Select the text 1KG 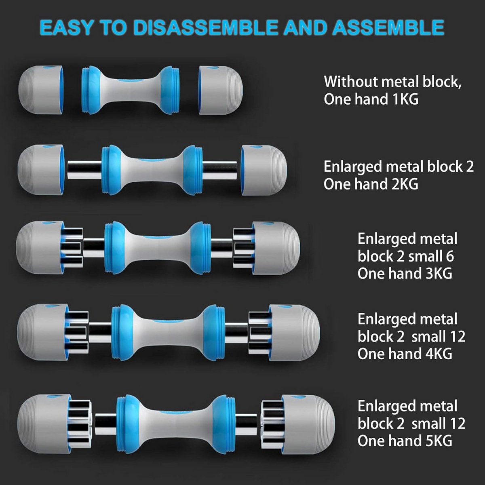point(405,99)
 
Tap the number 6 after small point(450,256)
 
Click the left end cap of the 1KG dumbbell point(41,90)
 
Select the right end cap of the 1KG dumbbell point(221,90)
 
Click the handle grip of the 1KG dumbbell point(131,90)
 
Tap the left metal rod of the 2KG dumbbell point(84,170)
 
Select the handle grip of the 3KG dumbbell point(158,247)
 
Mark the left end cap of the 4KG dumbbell point(43,333)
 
